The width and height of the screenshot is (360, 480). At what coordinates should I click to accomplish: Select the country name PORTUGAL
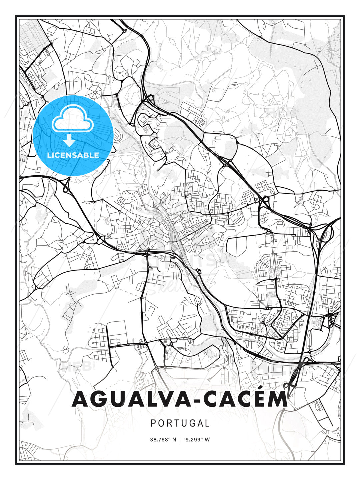coord(180,423)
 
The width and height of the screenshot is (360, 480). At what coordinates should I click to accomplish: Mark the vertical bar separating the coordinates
coord(181,440)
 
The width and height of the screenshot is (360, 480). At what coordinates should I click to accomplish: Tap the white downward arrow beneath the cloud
coord(69,140)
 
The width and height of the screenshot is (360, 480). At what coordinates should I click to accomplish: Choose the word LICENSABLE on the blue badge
coord(73,155)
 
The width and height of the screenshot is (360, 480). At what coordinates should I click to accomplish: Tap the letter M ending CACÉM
coord(276,399)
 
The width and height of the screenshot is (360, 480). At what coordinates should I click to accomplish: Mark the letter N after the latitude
coord(174,440)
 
